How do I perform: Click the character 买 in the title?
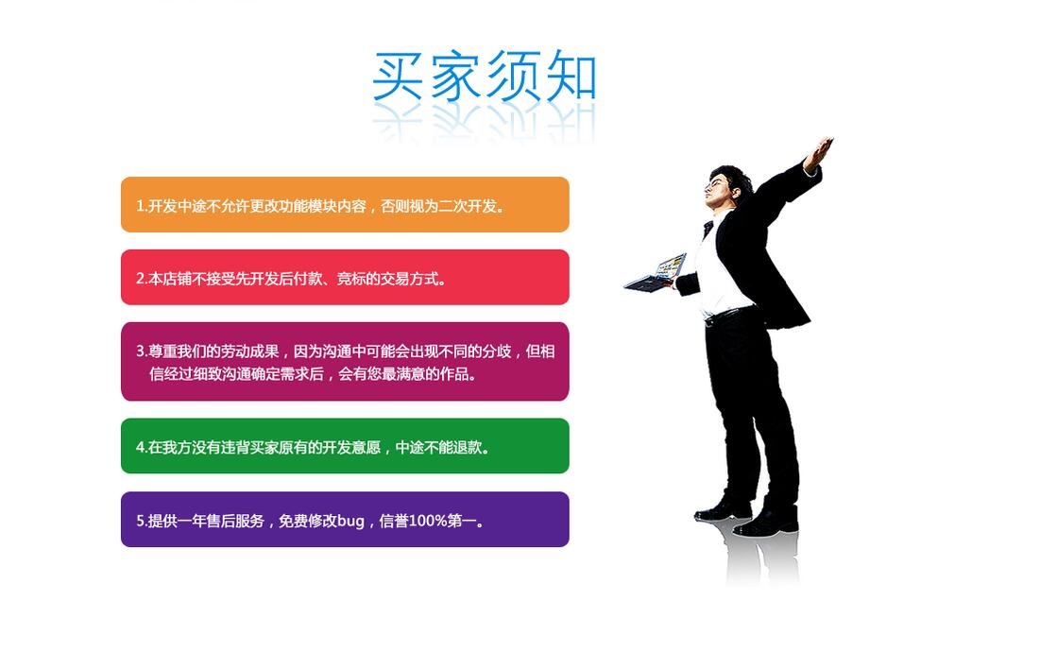pyautogui.click(x=398, y=76)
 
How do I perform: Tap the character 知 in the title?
pyautogui.click(x=571, y=76)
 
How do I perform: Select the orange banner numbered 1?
pyautogui.click(x=345, y=204)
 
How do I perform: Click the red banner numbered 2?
pyautogui.click(x=345, y=278)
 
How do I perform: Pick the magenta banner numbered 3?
pyautogui.click(x=345, y=362)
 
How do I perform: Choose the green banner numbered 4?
pyautogui.click(x=345, y=446)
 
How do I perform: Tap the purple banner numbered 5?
pyautogui.click(x=345, y=520)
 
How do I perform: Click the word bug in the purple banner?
pyautogui.click(x=350, y=522)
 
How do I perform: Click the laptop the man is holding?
pyautogui.click(x=656, y=274)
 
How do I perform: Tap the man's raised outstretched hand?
pyautogui.click(x=819, y=152)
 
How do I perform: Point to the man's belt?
pyautogui.click(x=728, y=315)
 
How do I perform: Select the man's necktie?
pyautogui.click(x=708, y=230)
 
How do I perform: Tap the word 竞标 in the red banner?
pyautogui.click(x=350, y=279)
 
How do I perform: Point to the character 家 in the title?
pyautogui.click(x=455, y=76)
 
